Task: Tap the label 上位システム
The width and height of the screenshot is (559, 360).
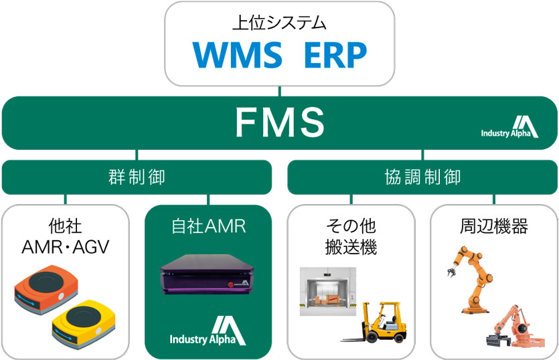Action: click(279, 23)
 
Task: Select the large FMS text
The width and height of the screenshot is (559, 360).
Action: click(279, 122)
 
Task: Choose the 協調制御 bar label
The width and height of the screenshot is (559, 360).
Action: click(422, 177)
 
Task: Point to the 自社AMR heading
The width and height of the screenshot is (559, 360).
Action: click(208, 226)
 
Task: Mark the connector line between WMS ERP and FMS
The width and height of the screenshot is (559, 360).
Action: click(280, 92)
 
